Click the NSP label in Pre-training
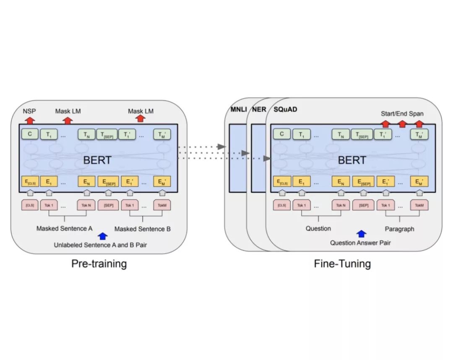pos(30,111)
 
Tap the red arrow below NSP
pos(30,120)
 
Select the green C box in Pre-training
pos(30,134)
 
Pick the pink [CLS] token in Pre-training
pos(29,205)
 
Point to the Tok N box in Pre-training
pos(86,205)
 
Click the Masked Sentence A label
pos(64,229)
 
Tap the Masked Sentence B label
pos(143,229)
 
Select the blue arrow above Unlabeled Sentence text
pos(102,236)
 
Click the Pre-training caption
pos(99,263)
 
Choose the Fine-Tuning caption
pos(342,263)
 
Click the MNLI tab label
pos(238,110)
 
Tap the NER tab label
pos(259,110)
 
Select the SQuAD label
pos(285,110)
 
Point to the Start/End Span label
pos(402,113)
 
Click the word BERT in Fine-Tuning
pos(351,160)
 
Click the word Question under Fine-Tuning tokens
pos(318,229)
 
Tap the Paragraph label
pos(400,229)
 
